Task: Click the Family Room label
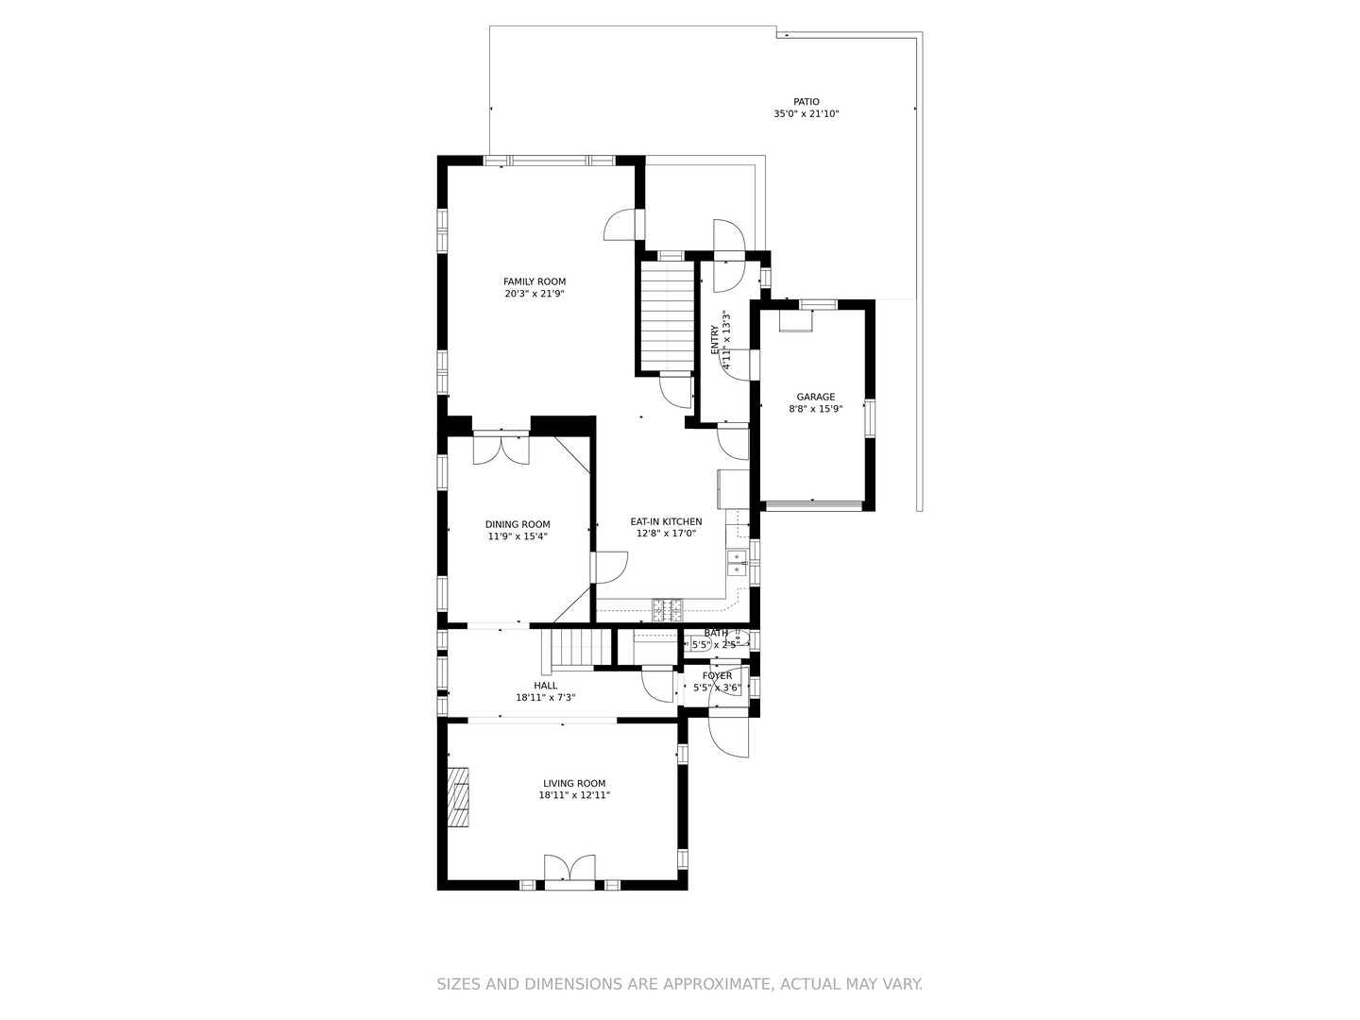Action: click(535, 281)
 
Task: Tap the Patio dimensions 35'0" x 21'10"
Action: click(806, 114)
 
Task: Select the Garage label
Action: click(815, 398)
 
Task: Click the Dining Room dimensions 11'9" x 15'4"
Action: click(518, 536)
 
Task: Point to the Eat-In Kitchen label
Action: click(666, 521)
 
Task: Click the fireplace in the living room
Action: click(458, 797)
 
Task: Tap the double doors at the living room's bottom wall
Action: click(569, 869)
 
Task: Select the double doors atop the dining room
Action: click(501, 448)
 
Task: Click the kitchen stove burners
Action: click(667, 609)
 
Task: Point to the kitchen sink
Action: click(737, 565)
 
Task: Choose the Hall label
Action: click(545, 686)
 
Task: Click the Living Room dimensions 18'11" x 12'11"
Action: click(574, 795)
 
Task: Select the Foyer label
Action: click(717, 676)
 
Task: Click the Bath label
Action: click(715, 633)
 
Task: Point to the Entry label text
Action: click(715, 340)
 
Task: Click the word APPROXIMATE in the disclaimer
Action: click(715, 984)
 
